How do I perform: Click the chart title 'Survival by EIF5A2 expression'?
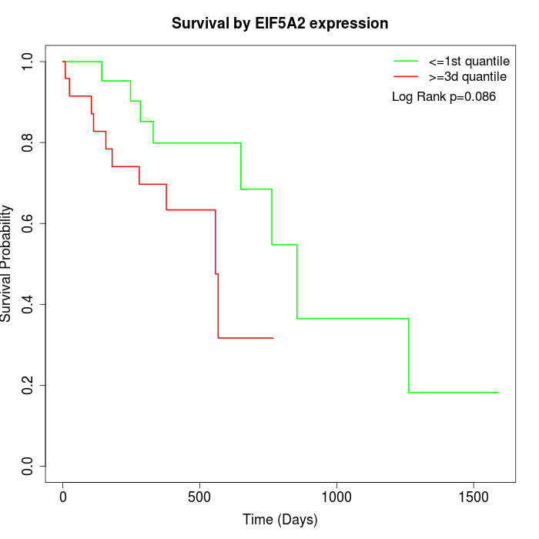click(x=280, y=24)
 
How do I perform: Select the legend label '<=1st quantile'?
click(x=469, y=61)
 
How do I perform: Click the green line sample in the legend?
click(x=406, y=61)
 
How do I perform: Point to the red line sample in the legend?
click(x=406, y=77)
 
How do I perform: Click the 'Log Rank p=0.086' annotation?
click(x=444, y=97)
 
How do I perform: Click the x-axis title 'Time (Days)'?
click(x=280, y=520)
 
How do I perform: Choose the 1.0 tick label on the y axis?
click(x=28, y=62)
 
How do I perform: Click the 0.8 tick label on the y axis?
click(x=28, y=142)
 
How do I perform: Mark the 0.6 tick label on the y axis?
click(x=28, y=223)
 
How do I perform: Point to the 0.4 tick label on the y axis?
click(x=28, y=304)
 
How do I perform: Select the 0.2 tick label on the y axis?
click(x=28, y=385)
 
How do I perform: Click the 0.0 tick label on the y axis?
click(x=28, y=466)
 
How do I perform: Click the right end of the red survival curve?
click(x=273, y=338)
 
